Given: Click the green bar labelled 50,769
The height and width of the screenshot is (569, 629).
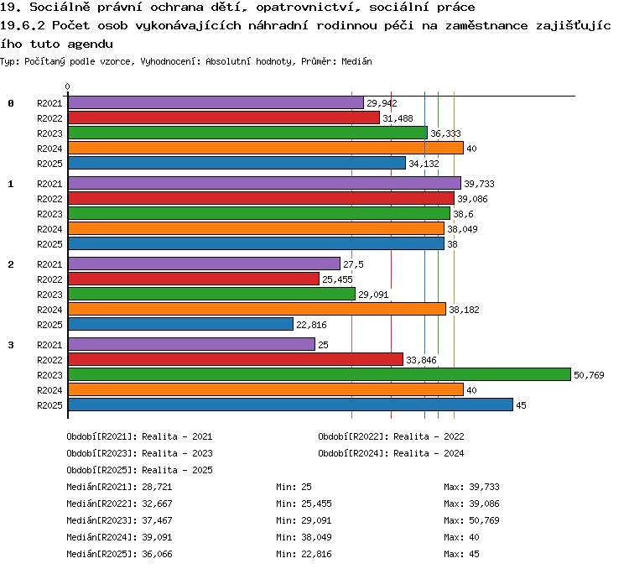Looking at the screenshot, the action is click(320, 374).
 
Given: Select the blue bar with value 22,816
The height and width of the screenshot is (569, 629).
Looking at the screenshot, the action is click(180, 325).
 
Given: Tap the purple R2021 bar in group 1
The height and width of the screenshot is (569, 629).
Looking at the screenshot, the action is click(264, 184).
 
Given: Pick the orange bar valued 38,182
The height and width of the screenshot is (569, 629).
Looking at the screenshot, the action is click(257, 309).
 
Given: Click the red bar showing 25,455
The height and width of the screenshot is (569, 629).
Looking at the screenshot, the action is click(194, 279).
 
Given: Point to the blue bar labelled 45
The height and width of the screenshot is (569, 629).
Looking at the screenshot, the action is click(290, 405).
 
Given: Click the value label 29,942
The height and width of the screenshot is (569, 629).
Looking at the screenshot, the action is click(382, 103).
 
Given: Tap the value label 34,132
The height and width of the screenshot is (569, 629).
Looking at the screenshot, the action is click(424, 164).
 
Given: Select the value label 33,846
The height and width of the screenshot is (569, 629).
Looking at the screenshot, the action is click(421, 360).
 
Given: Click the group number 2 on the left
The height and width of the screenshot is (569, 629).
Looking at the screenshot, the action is click(11, 264).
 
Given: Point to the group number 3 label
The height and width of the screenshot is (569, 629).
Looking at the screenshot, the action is click(11, 345).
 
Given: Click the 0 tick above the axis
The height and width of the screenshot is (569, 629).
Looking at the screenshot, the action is click(67, 86).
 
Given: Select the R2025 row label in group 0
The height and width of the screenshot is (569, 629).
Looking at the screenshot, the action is click(49, 164).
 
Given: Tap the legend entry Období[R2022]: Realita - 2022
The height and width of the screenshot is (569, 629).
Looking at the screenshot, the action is click(391, 436).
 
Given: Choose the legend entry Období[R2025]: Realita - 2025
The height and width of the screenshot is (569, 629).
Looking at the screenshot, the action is click(139, 470).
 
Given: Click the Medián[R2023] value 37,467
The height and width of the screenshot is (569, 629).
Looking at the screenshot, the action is click(158, 520).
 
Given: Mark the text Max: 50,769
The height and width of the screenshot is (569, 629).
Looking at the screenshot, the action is click(471, 520).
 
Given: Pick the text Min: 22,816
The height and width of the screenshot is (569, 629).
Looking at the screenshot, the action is click(304, 554).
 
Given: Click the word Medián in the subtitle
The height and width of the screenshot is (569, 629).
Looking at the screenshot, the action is click(356, 61).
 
